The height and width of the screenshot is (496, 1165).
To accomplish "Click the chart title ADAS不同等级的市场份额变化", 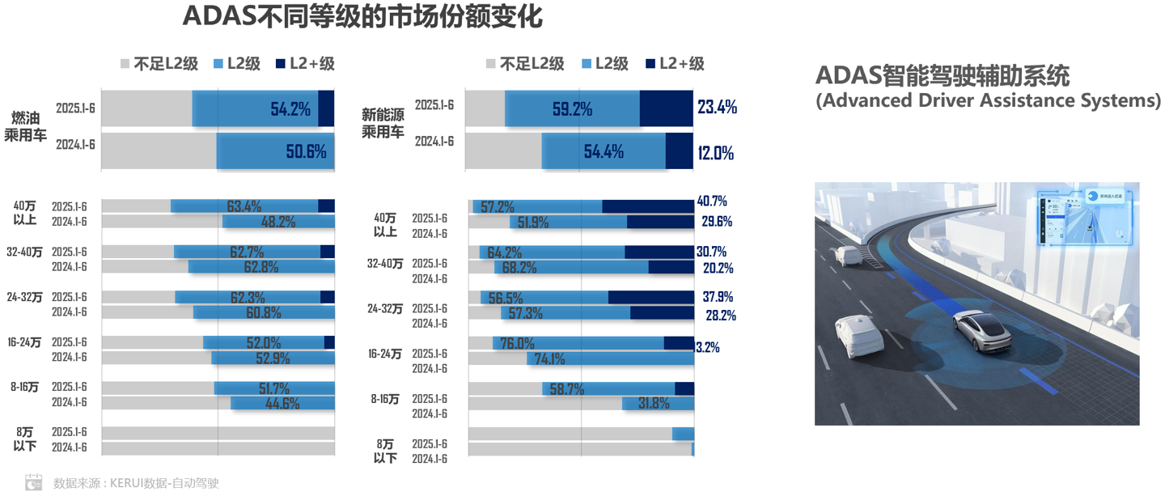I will point(362,17).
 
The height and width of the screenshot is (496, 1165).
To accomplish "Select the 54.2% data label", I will point(290,109).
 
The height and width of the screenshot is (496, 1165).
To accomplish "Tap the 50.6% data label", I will point(306,151).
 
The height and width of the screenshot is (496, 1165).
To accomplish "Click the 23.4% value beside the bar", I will point(716,108).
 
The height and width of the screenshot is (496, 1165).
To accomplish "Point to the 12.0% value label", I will point(715,152).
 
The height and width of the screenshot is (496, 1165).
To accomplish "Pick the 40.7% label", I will point(712,201).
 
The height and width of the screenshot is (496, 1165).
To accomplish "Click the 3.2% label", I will point(708,347).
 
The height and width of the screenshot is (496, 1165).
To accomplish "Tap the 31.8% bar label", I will point(654,403).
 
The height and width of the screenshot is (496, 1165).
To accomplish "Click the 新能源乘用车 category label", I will point(383,124).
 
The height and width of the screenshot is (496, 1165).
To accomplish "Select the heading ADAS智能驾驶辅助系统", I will point(943,76).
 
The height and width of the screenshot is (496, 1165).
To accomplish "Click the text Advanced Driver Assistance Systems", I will point(988,100).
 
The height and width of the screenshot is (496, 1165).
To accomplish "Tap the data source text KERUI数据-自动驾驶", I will point(136,483).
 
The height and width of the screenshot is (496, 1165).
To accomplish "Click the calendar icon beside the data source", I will point(33,482).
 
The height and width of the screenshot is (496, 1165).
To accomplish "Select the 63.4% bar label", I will point(244,206).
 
